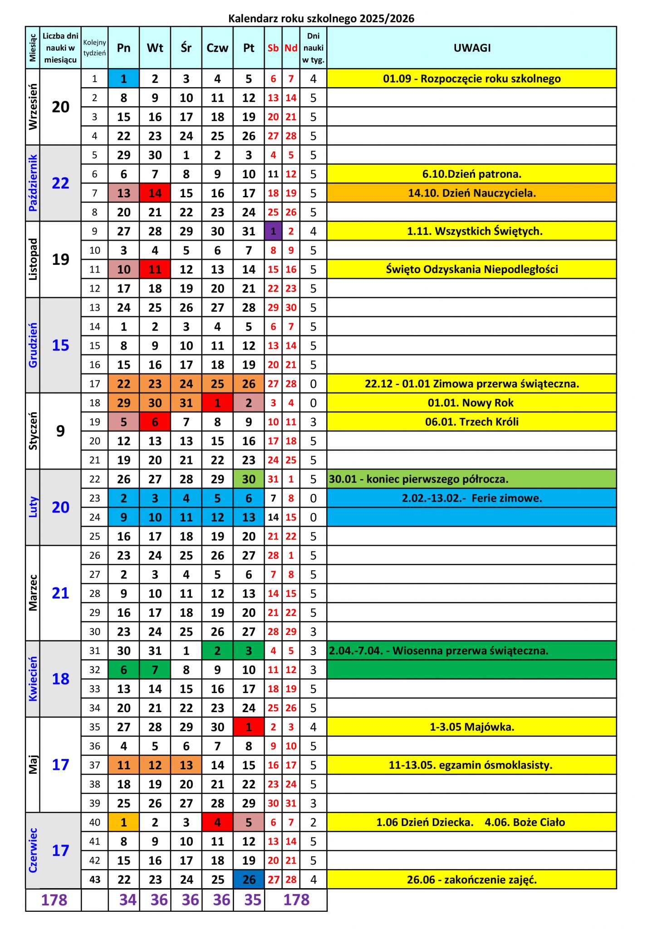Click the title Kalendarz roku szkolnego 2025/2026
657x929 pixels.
pos(321,19)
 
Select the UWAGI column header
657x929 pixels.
pos(472,48)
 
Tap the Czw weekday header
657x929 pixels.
pos(217,48)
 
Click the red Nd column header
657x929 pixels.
pos(291,48)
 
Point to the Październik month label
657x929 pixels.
pos(33,183)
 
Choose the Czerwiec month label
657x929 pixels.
pos(33,850)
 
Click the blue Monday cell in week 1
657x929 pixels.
pos(124,79)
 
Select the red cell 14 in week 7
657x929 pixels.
pos(155,193)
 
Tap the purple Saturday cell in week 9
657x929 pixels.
pos(273,231)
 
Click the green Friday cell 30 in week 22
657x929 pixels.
pos(249,479)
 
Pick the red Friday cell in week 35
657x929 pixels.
pos(249,727)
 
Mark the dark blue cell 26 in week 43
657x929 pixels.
pos(249,880)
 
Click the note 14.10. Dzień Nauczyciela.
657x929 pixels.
pos(472,193)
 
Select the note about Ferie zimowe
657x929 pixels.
pos(472,498)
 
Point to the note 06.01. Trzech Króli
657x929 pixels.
pos(472,422)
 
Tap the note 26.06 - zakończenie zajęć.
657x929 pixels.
pos(472,880)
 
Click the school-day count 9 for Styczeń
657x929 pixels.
pos(60,431)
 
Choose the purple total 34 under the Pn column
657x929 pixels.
pos(127,900)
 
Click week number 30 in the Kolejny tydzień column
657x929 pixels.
pos(95,631)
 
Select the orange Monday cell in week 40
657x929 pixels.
pos(124,822)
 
